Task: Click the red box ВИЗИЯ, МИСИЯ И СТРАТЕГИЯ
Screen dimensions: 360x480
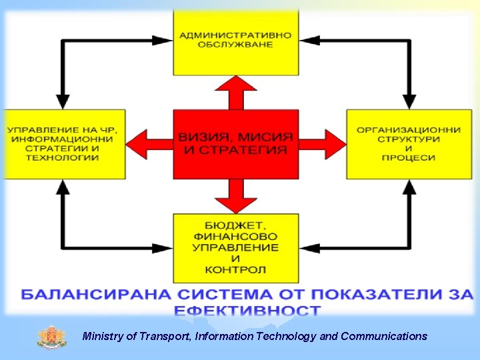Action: (x=235, y=144)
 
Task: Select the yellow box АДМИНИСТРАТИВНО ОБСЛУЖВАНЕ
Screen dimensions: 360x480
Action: (x=235, y=41)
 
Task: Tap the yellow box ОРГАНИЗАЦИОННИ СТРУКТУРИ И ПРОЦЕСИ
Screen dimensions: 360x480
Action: (x=409, y=144)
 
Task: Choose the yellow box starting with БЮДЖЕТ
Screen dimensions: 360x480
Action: (x=235, y=247)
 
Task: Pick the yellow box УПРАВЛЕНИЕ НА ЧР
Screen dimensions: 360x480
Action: (x=63, y=144)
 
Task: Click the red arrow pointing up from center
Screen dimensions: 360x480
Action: (x=235, y=92)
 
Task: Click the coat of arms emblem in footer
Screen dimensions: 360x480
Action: (x=52, y=336)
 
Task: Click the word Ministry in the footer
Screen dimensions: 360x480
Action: (x=103, y=337)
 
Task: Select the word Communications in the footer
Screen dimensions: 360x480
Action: (x=384, y=337)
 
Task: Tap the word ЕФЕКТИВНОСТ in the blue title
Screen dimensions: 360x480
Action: (x=247, y=311)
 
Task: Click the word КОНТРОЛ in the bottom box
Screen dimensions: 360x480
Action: (x=235, y=270)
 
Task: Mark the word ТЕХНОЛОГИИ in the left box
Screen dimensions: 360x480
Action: (x=63, y=158)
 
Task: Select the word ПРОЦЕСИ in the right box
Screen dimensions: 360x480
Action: (x=409, y=158)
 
